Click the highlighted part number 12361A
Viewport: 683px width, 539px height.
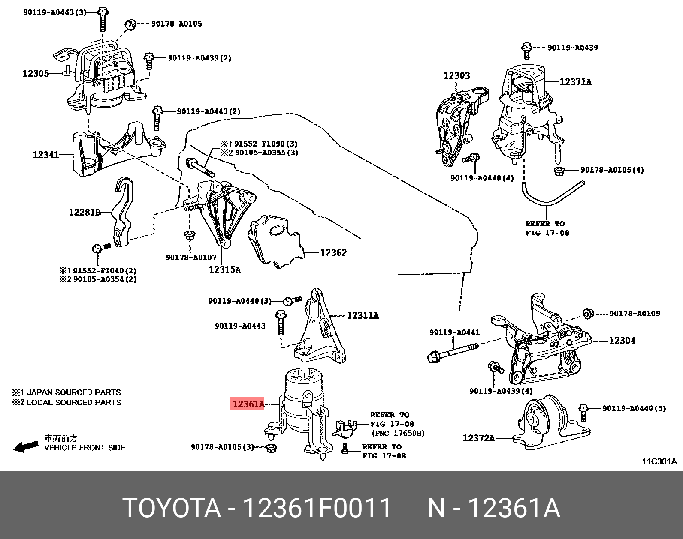coord(248,404)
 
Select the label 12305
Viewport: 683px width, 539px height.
coord(36,74)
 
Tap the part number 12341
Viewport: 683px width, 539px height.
coord(45,155)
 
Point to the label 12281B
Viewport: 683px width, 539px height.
coord(84,212)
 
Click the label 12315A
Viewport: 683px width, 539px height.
coord(224,269)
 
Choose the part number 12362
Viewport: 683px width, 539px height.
coord(333,252)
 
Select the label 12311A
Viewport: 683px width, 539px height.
coord(363,316)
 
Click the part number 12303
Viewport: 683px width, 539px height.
coord(456,75)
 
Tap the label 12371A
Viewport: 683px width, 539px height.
coord(575,82)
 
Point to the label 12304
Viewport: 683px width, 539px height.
coord(622,341)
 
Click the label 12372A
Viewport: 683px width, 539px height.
coord(478,438)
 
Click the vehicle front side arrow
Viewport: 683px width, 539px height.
coord(25,447)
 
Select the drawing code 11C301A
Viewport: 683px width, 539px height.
coord(659,461)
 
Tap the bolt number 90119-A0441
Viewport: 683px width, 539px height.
coord(454,332)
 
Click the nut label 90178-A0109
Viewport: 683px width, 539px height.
coord(635,314)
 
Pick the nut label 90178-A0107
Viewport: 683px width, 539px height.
coord(191,257)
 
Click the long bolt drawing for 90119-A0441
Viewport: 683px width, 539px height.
coord(453,352)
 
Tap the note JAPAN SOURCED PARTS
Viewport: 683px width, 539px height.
coord(73,392)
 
